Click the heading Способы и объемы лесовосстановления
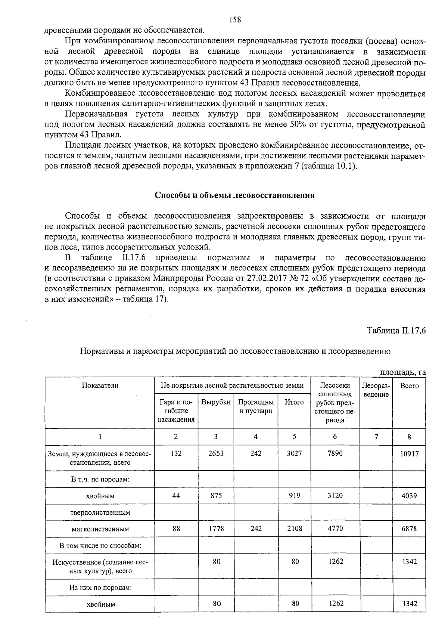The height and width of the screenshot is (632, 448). point(235,195)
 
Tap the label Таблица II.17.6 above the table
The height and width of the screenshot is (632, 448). point(396,331)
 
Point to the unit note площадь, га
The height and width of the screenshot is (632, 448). point(402,372)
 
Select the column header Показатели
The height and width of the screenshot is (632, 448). point(100,385)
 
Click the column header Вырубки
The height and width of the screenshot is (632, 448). point(216,402)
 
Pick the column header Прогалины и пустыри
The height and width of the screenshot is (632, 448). point(256,406)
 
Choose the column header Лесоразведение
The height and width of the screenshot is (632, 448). point(376,390)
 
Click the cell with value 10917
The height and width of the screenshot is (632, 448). point(409,454)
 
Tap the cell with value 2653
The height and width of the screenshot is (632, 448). point(216,453)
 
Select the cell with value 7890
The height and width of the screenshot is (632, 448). point(335,453)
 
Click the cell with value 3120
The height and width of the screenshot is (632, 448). point(335,495)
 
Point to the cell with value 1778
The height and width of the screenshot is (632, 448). point(216,529)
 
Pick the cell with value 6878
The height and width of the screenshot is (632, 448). point(409,529)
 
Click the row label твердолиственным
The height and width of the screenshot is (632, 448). point(100,512)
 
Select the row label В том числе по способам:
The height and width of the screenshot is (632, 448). point(100,545)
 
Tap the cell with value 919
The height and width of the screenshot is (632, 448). point(295,496)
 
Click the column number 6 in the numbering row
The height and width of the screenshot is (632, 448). point(335,436)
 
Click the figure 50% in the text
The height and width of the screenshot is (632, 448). point(298,124)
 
